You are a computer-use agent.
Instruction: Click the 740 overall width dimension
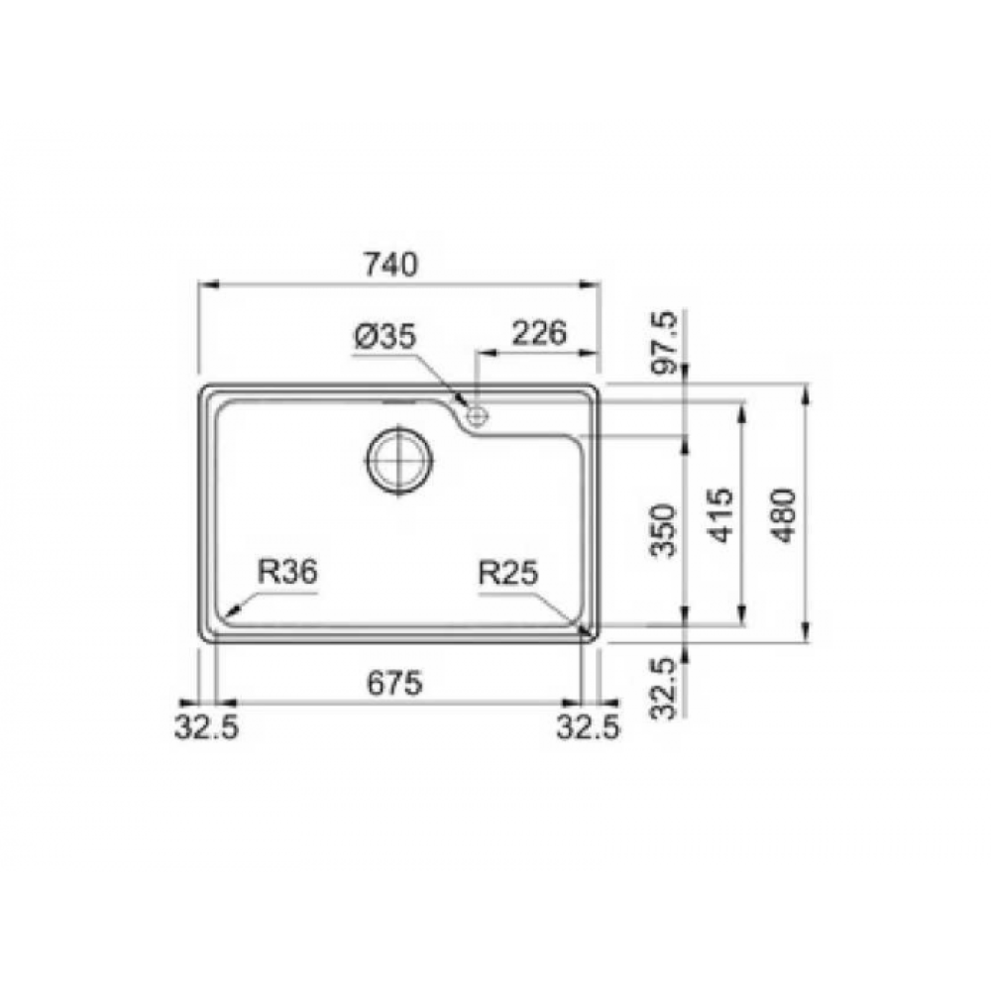pyautogui.click(x=390, y=265)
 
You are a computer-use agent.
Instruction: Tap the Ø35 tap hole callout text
pyautogui.click(x=385, y=337)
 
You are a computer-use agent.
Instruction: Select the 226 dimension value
pyautogui.click(x=538, y=333)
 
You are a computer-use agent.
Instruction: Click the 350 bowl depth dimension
pyautogui.click(x=664, y=529)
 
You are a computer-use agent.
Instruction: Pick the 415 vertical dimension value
pyautogui.click(x=722, y=515)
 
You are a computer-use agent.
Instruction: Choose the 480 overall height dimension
pyautogui.click(x=783, y=515)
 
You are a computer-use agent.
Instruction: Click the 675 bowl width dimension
pyautogui.click(x=394, y=683)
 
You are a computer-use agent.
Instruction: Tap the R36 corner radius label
pyautogui.click(x=287, y=573)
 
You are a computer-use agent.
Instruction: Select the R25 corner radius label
pyautogui.click(x=508, y=573)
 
